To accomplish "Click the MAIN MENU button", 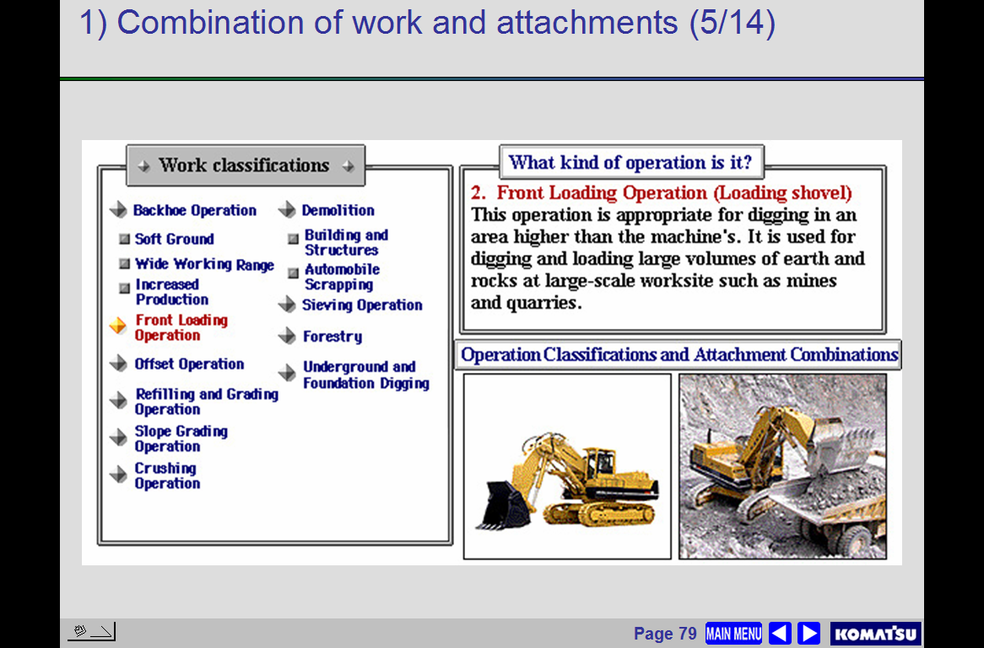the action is click(733, 633).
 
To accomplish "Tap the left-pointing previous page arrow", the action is click(780, 633).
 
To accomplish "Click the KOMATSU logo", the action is click(875, 634).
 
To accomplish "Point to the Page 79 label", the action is click(665, 634).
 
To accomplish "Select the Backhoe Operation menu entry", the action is click(195, 210).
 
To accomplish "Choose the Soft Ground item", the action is click(175, 239).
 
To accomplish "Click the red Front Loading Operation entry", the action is click(181, 327).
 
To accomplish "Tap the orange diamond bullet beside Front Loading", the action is click(118, 326).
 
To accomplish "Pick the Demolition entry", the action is click(338, 210).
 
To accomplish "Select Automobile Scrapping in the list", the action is click(342, 277).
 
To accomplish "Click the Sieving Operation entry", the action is click(362, 305).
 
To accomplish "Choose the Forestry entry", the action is click(333, 337).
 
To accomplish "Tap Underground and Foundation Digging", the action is click(366, 375).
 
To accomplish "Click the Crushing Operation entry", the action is click(167, 476).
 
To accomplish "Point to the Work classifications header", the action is click(246, 165).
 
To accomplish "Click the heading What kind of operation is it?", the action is click(630, 163).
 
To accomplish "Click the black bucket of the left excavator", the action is click(503, 504).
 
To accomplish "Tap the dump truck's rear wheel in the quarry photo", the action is click(856, 538).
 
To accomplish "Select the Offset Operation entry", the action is click(189, 364).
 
